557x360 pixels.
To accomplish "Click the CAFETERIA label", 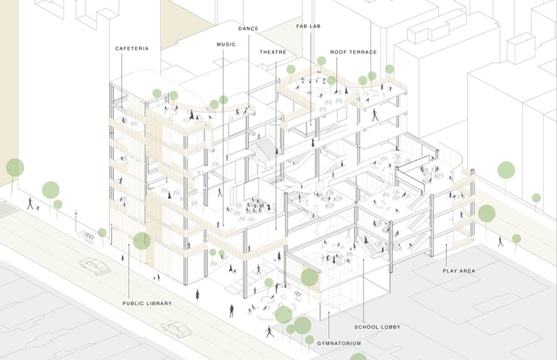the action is pyautogui.click(x=131, y=49).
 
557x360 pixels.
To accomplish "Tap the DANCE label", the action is pyautogui.click(x=248, y=29).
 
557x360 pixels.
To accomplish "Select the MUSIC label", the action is pyautogui.click(x=227, y=45).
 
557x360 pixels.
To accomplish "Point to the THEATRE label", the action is pyautogui.click(x=273, y=52).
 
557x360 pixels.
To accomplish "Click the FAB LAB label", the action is pyautogui.click(x=308, y=27).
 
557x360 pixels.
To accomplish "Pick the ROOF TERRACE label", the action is pyautogui.click(x=354, y=52).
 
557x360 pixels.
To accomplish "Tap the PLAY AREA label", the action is pyautogui.click(x=459, y=271).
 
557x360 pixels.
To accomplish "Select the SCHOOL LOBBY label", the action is pyautogui.click(x=377, y=327).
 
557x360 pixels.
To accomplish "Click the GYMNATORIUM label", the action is pyautogui.click(x=339, y=344).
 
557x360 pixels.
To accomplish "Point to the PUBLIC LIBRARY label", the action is pyautogui.click(x=147, y=304).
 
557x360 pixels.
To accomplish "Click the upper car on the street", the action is pyautogui.click(x=94, y=266).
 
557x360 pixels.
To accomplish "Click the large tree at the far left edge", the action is pyautogui.click(x=15, y=167).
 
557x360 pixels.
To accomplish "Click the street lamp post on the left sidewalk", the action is pyautogui.click(x=76, y=221).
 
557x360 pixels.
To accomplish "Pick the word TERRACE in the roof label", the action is pyautogui.click(x=362, y=52).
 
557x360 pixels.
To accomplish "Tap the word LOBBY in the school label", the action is pyautogui.click(x=391, y=327).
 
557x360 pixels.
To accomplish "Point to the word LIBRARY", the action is pyautogui.click(x=159, y=304).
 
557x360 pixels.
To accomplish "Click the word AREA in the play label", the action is pyautogui.click(x=467, y=271).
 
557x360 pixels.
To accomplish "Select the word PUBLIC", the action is pyautogui.click(x=133, y=304).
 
